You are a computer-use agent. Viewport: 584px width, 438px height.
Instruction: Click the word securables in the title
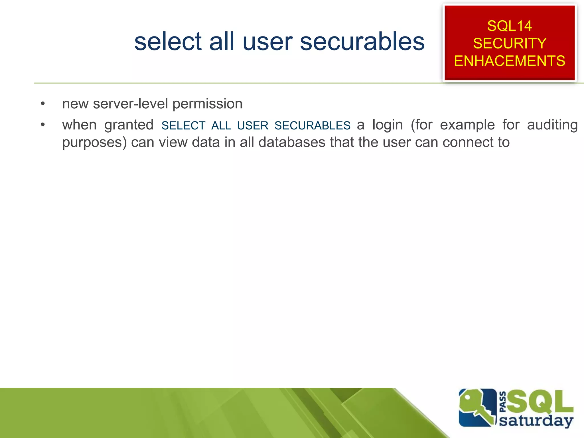pyautogui.click(x=362, y=42)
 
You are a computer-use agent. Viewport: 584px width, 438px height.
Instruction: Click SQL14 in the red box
pyautogui.click(x=509, y=26)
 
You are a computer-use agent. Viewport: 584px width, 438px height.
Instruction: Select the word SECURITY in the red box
pyautogui.click(x=510, y=43)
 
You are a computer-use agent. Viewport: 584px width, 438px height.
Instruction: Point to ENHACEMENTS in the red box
pyautogui.click(x=510, y=61)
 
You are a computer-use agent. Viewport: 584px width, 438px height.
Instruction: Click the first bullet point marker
pyautogui.click(x=43, y=104)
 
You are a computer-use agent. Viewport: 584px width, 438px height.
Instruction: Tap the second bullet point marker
pyautogui.click(x=43, y=125)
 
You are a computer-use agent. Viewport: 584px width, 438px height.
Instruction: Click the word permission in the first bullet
pyautogui.click(x=207, y=104)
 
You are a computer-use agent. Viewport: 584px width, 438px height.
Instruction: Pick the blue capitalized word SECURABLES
pyautogui.click(x=312, y=126)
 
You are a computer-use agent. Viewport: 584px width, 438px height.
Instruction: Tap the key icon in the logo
pyautogui.click(x=476, y=408)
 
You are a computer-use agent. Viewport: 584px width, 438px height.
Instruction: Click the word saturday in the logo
pyautogui.click(x=536, y=421)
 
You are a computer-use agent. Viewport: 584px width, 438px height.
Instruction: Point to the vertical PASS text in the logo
pyautogui.click(x=503, y=402)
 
